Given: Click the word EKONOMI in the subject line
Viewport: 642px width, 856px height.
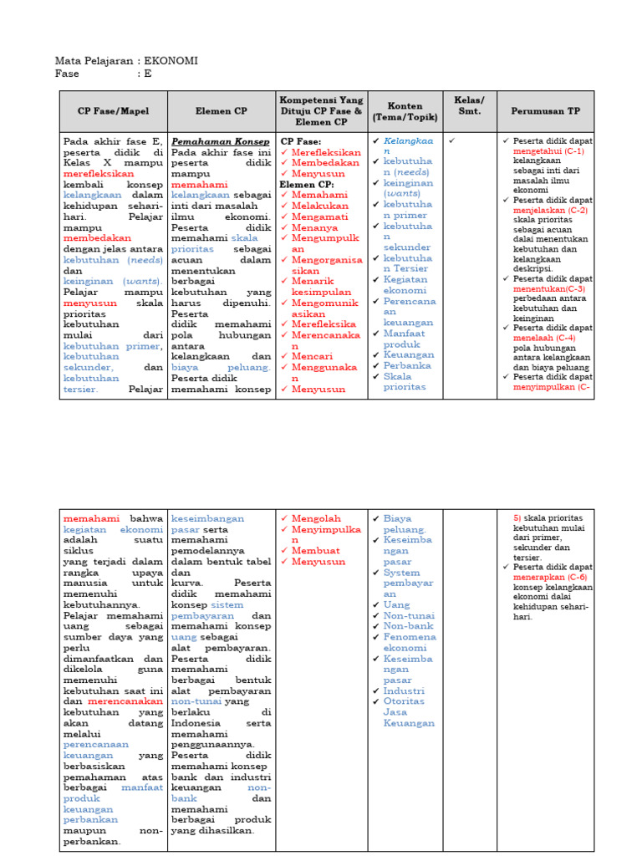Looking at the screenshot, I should tap(171, 61).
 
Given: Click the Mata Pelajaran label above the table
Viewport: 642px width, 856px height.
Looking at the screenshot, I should tap(92, 61).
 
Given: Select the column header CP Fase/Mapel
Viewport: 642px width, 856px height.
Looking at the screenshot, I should tap(113, 111).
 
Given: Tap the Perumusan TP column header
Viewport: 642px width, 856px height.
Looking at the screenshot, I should tap(545, 111).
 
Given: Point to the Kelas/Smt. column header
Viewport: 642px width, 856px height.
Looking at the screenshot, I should tap(469, 106).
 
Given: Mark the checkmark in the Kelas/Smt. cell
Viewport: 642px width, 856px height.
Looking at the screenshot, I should tap(452, 141).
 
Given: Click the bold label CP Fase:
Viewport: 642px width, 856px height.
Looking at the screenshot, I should tap(299, 141).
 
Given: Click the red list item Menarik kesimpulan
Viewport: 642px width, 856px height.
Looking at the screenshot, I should tap(323, 287).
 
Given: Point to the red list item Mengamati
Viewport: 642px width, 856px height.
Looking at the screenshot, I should tap(319, 217).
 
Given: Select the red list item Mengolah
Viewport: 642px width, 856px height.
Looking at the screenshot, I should tap(316, 518).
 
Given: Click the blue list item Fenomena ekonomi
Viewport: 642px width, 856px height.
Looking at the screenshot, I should tap(410, 642).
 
